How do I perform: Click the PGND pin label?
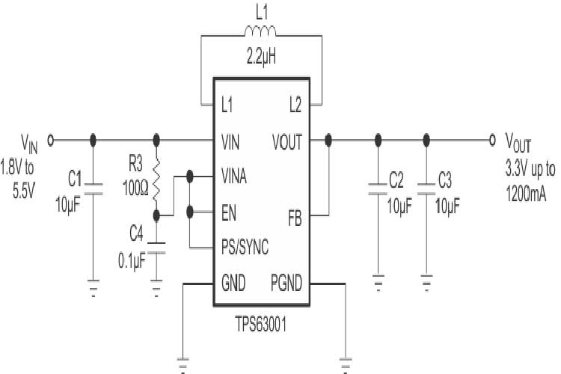click(286, 283)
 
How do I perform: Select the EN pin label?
click(230, 211)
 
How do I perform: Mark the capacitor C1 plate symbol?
click(93, 188)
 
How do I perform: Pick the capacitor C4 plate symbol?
click(157, 248)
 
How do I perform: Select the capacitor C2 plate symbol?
click(378, 188)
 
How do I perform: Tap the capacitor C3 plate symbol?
click(426, 188)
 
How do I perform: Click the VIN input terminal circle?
click(51, 139)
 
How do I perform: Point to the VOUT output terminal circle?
click(491, 139)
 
